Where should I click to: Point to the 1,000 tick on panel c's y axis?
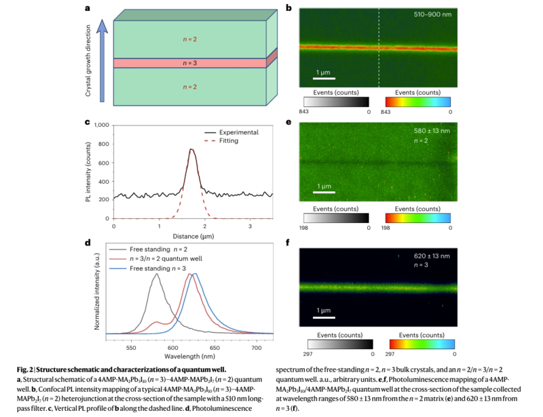(x=101, y=125)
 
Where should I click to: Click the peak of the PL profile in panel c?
(x=191, y=149)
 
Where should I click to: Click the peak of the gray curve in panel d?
(x=157, y=274)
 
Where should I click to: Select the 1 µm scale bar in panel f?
(x=323, y=316)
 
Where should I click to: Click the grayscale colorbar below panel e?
(x=335, y=218)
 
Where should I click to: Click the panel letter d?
(x=88, y=243)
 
